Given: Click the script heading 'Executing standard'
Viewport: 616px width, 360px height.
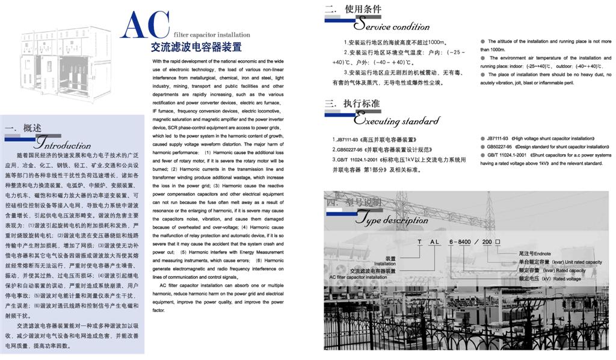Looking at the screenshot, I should click(x=396, y=120).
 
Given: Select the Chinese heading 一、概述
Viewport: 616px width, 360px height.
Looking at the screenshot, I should click(x=23, y=128).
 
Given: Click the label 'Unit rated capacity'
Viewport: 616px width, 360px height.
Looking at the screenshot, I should click(x=577, y=262).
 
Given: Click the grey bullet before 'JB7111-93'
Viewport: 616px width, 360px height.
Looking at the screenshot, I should click(x=483, y=138).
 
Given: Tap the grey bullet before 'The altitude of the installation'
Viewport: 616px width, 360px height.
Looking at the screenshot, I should click(x=483, y=42).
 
